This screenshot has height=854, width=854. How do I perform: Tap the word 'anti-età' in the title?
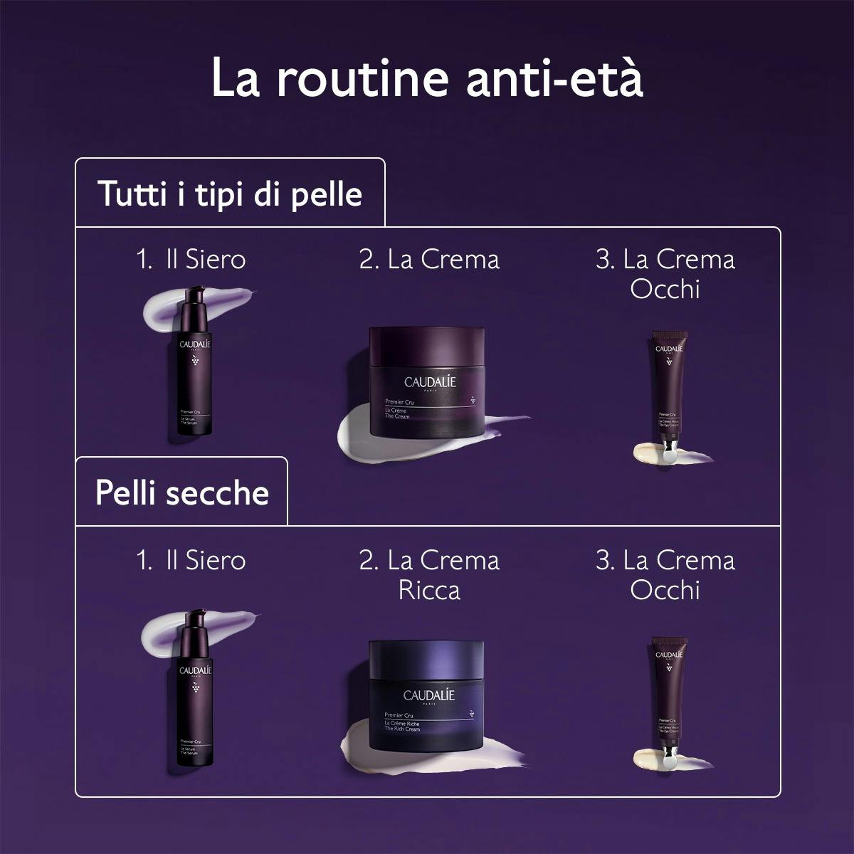tap(555, 80)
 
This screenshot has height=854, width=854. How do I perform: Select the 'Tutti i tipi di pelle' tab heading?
tap(230, 194)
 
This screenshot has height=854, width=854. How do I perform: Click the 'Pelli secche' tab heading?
tap(182, 492)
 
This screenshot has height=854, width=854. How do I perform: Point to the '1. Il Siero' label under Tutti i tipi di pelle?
tap(191, 259)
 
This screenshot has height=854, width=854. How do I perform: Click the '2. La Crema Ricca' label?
tap(429, 575)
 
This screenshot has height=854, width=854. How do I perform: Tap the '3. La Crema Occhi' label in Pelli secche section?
tap(665, 575)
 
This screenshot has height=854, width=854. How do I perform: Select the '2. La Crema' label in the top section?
tap(429, 259)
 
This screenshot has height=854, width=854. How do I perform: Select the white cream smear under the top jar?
tap(370, 438)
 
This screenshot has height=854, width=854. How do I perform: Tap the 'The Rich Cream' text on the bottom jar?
tap(402, 729)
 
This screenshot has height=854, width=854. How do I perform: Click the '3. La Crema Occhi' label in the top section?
tap(665, 274)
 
